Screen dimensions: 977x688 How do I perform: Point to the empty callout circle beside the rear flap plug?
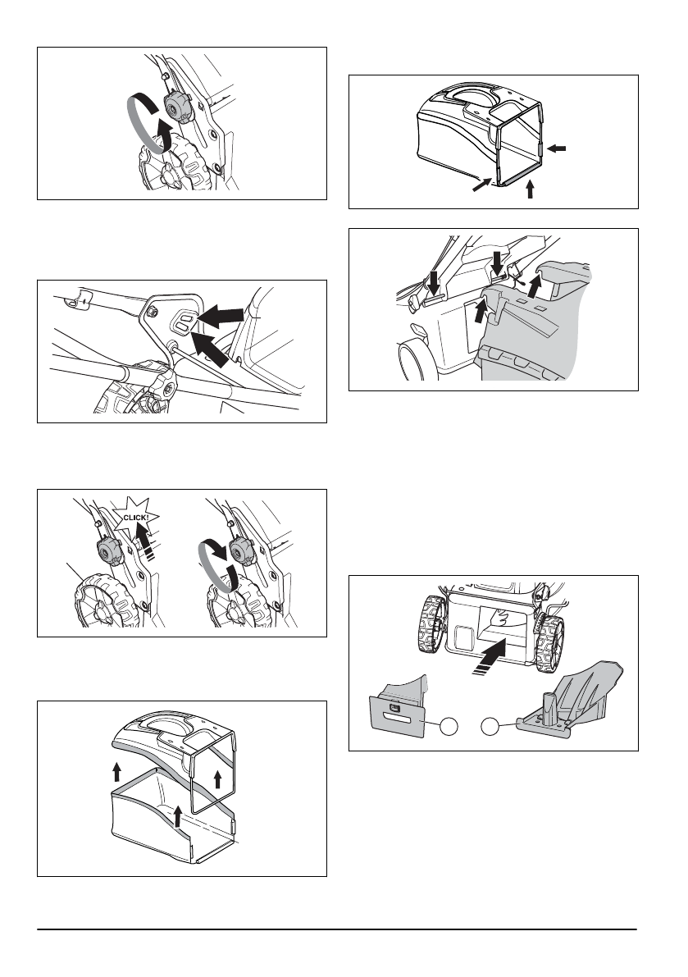tap(446, 725)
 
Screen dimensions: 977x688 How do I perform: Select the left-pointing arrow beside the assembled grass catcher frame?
tap(556, 148)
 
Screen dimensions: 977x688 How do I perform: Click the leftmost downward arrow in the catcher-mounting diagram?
tap(435, 283)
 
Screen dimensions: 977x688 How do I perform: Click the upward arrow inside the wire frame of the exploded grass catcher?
tap(217, 778)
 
